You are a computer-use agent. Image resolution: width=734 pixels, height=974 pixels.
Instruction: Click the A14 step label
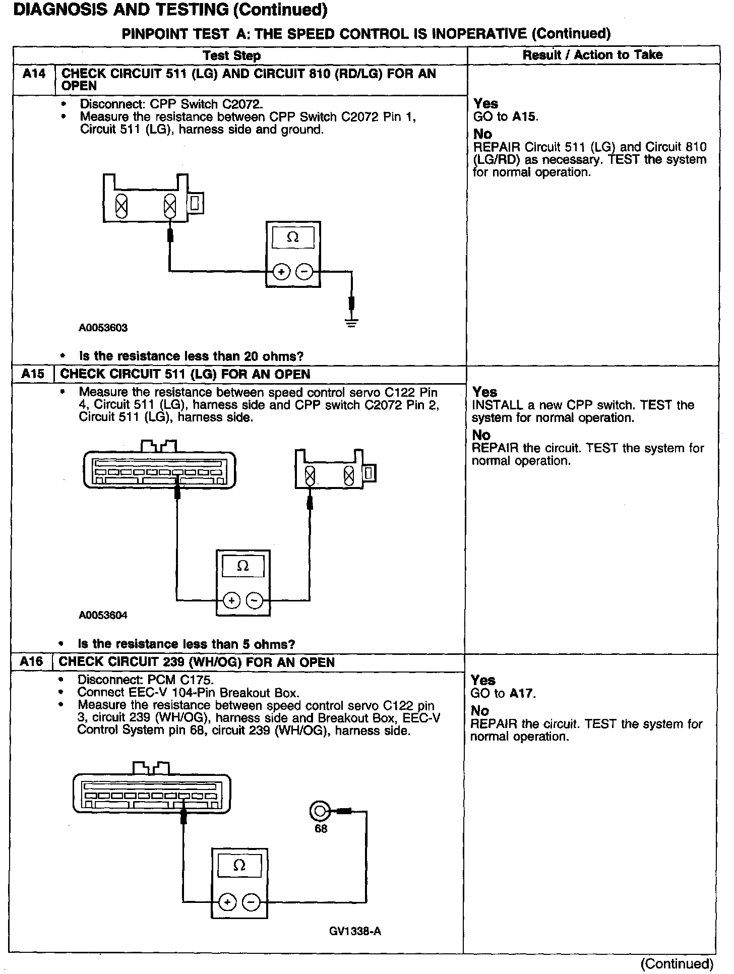click(x=34, y=74)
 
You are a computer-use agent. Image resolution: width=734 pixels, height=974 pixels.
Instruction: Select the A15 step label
click(x=33, y=374)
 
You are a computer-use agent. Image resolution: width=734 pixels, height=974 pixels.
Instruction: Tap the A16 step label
click(x=31, y=662)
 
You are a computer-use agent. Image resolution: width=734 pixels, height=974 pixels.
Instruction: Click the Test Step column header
click(x=232, y=55)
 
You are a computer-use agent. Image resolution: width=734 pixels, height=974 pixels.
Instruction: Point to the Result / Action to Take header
click(x=592, y=55)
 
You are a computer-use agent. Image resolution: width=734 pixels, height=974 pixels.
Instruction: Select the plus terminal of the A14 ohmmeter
click(x=281, y=272)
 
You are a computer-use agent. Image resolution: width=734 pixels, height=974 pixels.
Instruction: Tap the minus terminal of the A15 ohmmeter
click(x=255, y=600)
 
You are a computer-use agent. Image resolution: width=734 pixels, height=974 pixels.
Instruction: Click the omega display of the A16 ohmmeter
click(x=239, y=866)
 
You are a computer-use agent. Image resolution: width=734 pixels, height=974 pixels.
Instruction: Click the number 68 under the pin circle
click(x=321, y=829)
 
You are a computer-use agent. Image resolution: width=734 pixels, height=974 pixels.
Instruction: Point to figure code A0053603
click(x=103, y=328)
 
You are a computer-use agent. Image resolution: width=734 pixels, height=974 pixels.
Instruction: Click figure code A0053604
click(x=103, y=615)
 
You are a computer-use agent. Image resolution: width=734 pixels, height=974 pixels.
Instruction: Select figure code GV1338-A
click(x=355, y=931)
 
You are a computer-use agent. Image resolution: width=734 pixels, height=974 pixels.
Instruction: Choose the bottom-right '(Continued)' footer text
click(x=677, y=963)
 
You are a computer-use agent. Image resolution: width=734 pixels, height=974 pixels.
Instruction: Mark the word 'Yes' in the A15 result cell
click(x=484, y=392)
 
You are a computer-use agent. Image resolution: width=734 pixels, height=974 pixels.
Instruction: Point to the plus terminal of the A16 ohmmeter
click(x=228, y=902)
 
